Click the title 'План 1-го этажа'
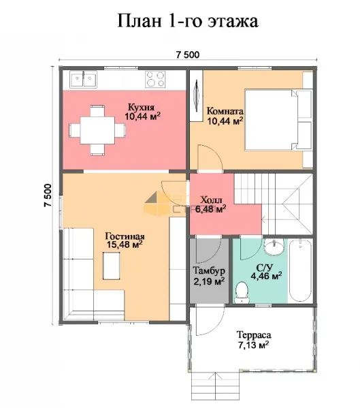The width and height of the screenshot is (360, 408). [x=188, y=21]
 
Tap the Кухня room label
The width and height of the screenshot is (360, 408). [x=141, y=107]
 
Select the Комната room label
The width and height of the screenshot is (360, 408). [x=225, y=112]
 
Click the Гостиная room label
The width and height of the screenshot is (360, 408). [x=125, y=236]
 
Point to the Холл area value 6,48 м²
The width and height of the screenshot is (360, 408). [x=210, y=209]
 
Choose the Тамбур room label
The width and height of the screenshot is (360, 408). [x=209, y=271]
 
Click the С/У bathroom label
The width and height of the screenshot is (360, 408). [x=265, y=267]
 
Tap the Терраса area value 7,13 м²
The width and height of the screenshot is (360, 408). [x=253, y=345]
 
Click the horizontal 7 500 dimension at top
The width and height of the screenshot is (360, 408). [x=188, y=55]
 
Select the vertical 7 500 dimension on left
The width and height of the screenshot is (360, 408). [x=48, y=195]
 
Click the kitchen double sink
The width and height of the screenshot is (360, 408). [x=83, y=79]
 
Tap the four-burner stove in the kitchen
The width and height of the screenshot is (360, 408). [x=155, y=79]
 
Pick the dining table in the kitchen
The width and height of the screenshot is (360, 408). [x=97, y=130]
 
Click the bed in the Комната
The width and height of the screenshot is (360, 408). [x=278, y=120]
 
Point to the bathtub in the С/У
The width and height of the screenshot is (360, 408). [x=300, y=270]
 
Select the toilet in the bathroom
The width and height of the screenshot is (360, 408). [x=242, y=292]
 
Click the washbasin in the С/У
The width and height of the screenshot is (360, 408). [x=274, y=247]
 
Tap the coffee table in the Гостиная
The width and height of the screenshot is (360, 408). [x=112, y=266]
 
